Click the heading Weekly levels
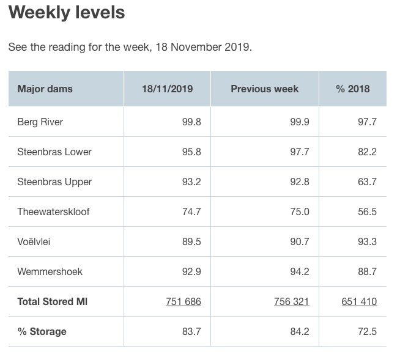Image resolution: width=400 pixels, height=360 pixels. pyautogui.click(x=67, y=13)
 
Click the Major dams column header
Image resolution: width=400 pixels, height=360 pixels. pyautogui.click(x=45, y=89)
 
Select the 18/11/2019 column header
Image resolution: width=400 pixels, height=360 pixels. pyautogui.click(x=167, y=89)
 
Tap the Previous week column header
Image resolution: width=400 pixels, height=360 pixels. pyautogui.click(x=264, y=89)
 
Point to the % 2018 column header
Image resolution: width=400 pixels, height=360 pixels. pyautogui.click(x=353, y=89)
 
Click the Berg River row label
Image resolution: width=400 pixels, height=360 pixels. pyautogui.click(x=40, y=122)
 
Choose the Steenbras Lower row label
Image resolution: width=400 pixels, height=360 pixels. pyautogui.click(x=54, y=152)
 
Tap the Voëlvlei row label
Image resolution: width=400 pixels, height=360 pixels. pyautogui.click(x=34, y=241)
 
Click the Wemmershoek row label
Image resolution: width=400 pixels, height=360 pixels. pyautogui.click(x=50, y=271)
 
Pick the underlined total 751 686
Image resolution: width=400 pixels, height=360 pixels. pyautogui.click(x=183, y=301)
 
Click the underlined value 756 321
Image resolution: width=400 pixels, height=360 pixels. pyautogui.click(x=292, y=301)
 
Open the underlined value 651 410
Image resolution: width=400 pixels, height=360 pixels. pyautogui.click(x=360, y=301)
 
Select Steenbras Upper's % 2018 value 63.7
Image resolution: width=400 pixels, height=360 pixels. pyautogui.click(x=368, y=182)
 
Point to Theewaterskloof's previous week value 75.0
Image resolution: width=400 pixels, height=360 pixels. pyautogui.click(x=300, y=211)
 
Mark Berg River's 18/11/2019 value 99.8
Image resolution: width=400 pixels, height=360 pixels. pyautogui.click(x=191, y=122)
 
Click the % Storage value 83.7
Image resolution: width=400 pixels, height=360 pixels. pyautogui.click(x=191, y=331)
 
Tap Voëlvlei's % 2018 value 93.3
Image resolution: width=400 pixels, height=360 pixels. pyautogui.click(x=368, y=241)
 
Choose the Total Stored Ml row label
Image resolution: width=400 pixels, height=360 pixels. pyautogui.click(x=53, y=301)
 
